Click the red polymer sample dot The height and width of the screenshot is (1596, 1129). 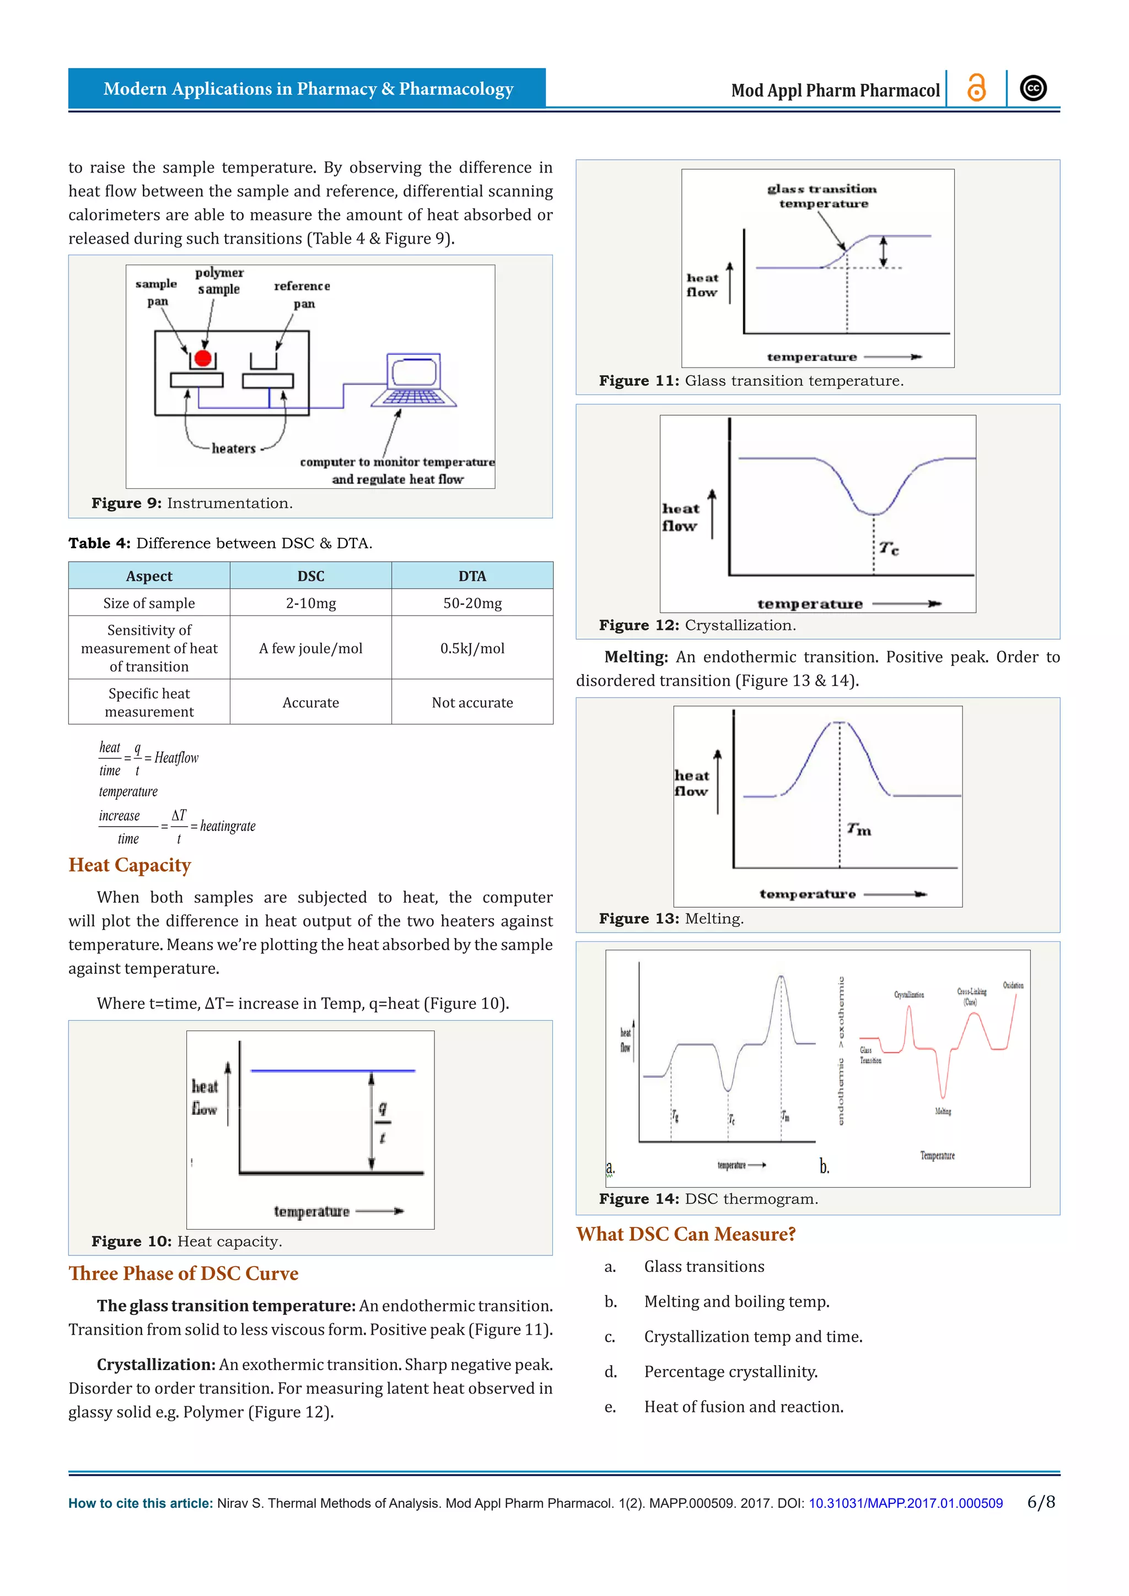202,358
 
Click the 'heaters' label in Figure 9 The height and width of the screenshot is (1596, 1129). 234,449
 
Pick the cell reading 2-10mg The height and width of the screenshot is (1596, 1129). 311,603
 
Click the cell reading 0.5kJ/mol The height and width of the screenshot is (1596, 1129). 472,648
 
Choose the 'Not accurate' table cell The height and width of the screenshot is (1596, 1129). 472,702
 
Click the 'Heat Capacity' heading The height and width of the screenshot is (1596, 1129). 130,865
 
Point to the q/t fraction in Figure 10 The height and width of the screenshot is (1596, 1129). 383,1122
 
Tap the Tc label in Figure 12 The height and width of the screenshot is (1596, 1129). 889,548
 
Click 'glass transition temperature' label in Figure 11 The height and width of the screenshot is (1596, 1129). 822,196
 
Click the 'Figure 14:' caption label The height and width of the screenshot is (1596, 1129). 638,1199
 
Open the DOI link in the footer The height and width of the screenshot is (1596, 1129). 905,1503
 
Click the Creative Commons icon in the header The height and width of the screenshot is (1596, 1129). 1033,88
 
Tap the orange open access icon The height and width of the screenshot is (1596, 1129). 977,88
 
